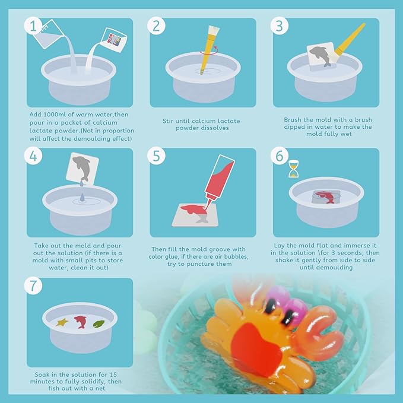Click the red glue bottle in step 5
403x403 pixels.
point(221,182)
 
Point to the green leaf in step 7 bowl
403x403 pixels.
point(100,323)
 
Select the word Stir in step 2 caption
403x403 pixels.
point(170,120)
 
